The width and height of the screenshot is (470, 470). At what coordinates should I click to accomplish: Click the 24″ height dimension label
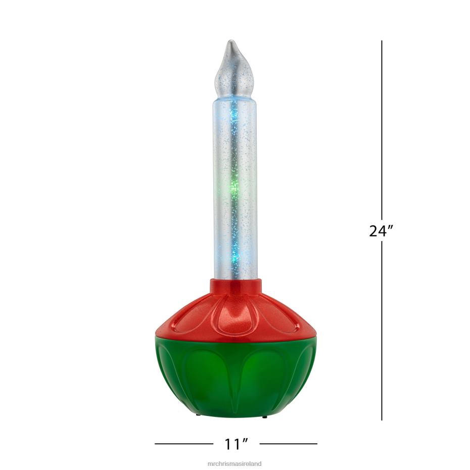382,231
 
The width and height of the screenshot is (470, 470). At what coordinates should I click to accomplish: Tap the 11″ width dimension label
237,444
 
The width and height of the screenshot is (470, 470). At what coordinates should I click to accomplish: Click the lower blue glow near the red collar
234,260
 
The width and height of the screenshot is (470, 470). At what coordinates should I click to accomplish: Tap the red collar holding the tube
236,287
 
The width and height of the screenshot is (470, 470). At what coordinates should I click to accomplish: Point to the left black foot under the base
198,415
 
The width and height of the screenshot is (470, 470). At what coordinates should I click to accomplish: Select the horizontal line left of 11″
183,444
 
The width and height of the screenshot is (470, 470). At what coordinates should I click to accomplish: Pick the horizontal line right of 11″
288,444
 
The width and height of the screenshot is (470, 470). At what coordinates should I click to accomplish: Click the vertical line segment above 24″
382,126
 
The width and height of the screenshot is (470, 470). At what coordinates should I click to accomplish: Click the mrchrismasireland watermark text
235,462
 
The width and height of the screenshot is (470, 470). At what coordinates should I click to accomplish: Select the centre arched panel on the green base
236,382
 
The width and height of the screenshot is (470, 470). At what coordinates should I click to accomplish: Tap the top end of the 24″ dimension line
382,41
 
